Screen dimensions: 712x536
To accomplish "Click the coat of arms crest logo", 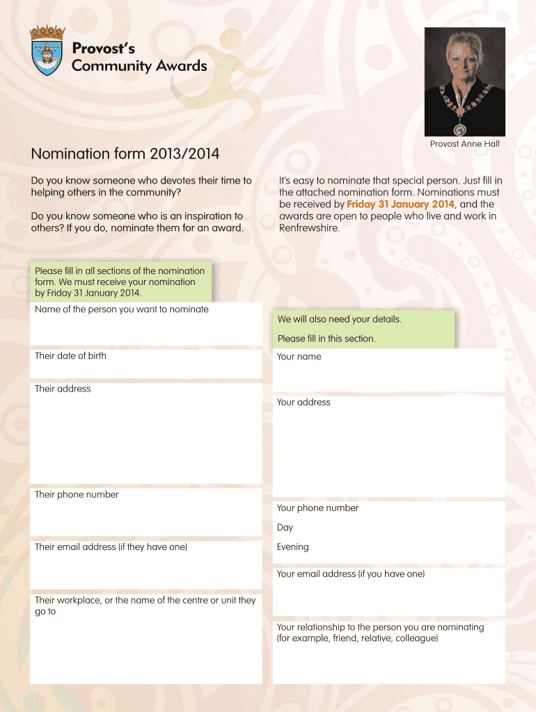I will click(x=47, y=50).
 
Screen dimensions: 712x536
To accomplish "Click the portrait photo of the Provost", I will click(x=464, y=81).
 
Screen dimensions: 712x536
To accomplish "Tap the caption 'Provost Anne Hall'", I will click(x=464, y=144).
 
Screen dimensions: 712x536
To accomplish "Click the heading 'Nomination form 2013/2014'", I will click(x=125, y=153).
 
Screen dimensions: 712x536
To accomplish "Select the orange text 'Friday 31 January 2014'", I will click(x=400, y=204).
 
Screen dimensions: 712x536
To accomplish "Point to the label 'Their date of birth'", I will click(x=70, y=356).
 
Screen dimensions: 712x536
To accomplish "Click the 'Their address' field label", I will click(x=63, y=389).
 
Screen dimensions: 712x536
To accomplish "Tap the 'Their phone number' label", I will click(x=77, y=494).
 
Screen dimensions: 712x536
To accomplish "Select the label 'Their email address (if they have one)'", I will click(x=111, y=547).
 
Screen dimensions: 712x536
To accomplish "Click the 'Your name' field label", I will click(x=299, y=357).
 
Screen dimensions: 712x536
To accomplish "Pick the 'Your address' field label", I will click(x=304, y=403).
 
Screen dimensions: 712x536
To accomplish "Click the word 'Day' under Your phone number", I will click(x=285, y=528).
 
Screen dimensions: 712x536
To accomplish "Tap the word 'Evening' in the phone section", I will click(x=292, y=547).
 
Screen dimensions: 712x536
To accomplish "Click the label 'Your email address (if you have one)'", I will click(x=350, y=574).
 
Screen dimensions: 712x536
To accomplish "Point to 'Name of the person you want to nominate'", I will click(x=122, y=309).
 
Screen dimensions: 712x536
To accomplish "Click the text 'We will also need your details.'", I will click(x=339, y=320).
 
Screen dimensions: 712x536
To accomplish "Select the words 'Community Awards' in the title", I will click(x=139, y=66).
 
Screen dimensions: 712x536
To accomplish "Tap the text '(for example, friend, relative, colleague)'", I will click(x=357, y=638).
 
